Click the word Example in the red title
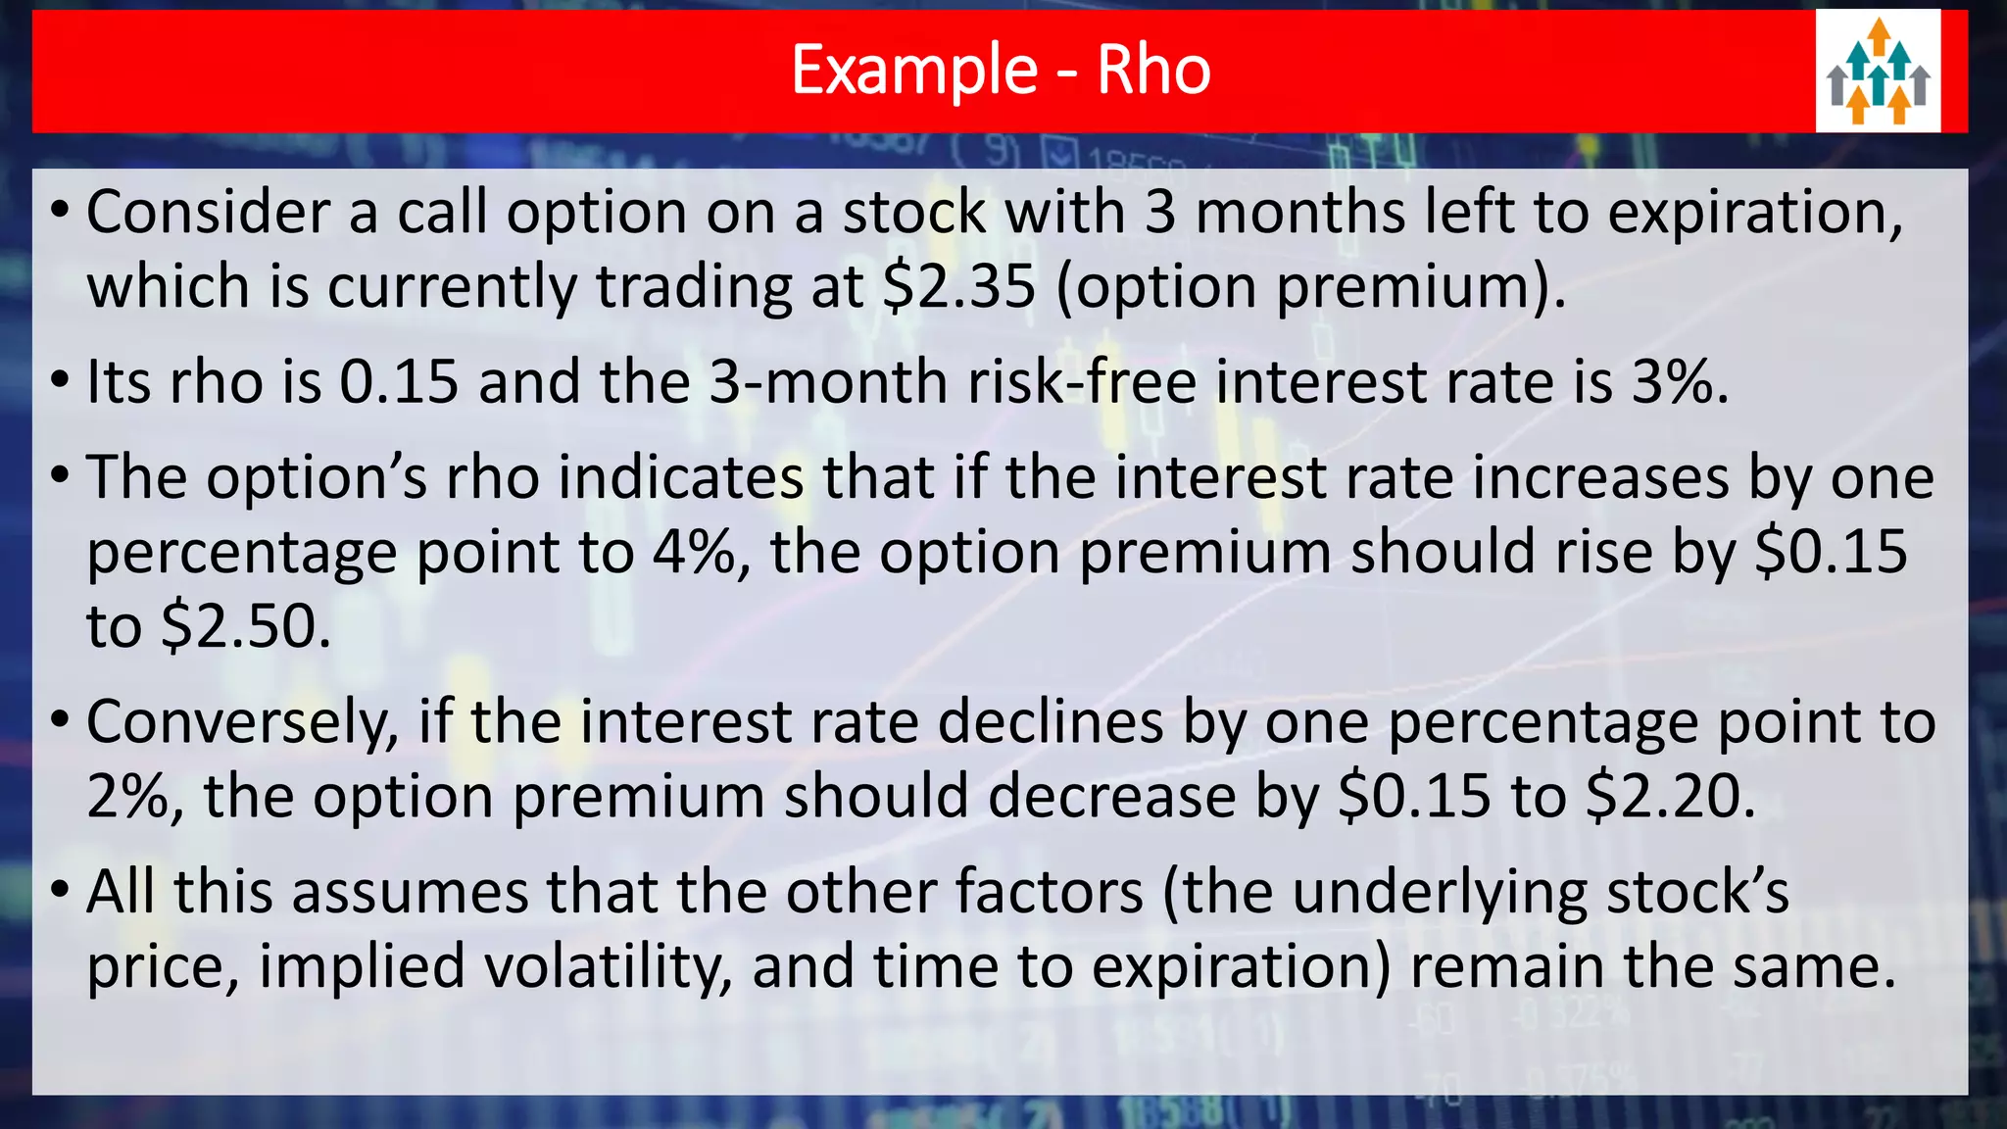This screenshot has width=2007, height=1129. pos(913,71)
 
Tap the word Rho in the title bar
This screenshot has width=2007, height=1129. pos(1153,71)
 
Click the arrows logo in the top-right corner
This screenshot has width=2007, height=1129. pos(1878,72)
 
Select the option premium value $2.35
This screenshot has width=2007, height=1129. pos(958,287)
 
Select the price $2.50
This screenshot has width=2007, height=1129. pos(245,626)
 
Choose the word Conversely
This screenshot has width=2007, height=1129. pos(242,722)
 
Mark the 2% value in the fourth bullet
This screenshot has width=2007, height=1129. pos(127,796)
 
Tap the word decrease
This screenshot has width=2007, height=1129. pos(1111,796)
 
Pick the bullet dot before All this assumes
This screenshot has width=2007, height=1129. pos(61,891)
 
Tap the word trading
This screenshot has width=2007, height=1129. pos(693,287)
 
